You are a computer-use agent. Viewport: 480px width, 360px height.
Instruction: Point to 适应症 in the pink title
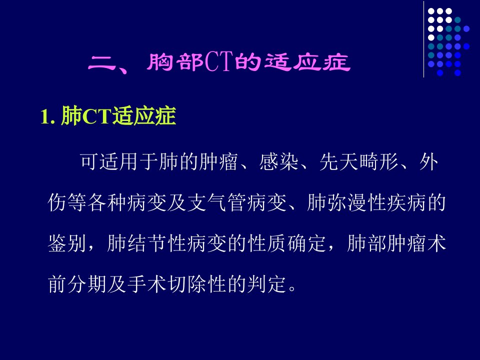[307, 62]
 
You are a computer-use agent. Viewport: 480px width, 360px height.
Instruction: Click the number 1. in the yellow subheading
[48, 116]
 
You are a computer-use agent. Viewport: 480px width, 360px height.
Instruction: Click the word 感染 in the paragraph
[279, 161]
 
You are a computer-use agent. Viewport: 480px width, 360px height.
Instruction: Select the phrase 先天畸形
[359, 161]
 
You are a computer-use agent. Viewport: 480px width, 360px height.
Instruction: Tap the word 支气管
[217, 202]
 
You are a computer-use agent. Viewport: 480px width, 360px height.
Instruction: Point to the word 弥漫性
[356, 202]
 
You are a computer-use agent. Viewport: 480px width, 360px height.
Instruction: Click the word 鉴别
[66, 243]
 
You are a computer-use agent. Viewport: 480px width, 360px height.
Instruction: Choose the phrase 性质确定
[287, 243]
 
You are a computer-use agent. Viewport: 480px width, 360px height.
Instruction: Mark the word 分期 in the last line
[87, 284]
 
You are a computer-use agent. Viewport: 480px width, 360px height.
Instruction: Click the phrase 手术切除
[167, 284]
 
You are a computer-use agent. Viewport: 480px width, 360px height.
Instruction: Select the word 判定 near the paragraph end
[267, 284]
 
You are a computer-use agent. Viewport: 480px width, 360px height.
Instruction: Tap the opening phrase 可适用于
[119, 161]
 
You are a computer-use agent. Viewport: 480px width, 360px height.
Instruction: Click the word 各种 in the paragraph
[107, 202]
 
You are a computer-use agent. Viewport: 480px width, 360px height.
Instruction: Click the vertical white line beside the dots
[424, 39]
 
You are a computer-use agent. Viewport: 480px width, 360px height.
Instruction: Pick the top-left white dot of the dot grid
[431, 11]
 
